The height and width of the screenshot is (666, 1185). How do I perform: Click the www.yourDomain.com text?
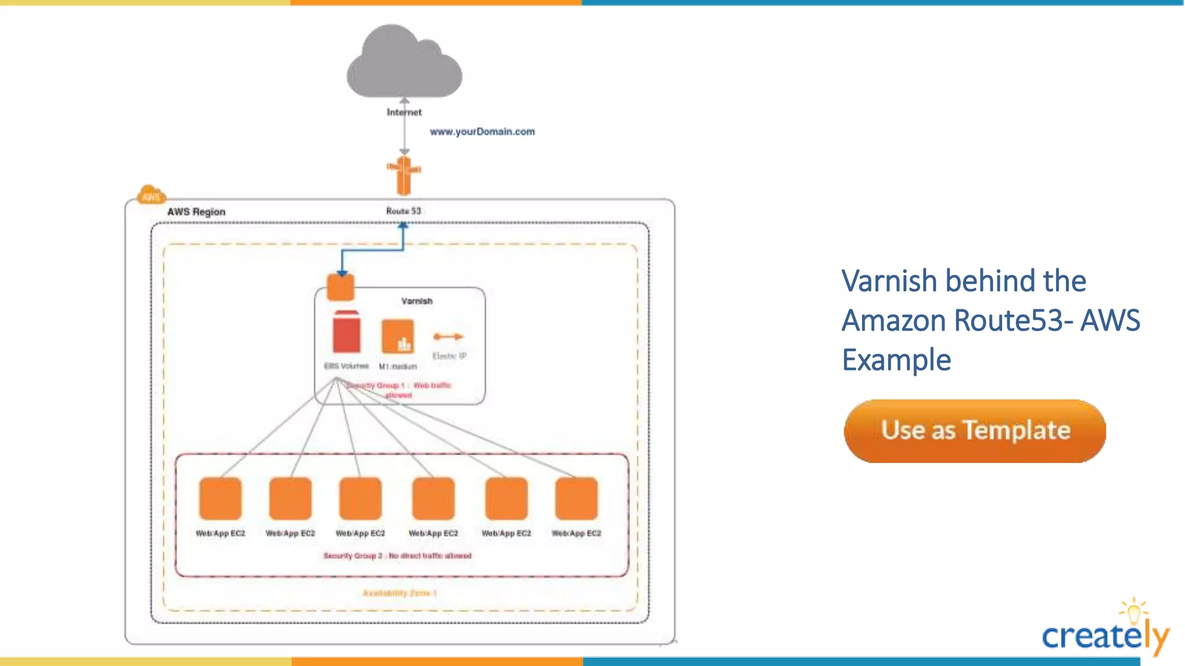(x=482, y=132)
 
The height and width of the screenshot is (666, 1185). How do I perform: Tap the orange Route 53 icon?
(x=404, y=176)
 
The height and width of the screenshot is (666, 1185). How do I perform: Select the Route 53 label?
(x=403, y=211)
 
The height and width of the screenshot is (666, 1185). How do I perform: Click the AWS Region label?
(x=196, y=212)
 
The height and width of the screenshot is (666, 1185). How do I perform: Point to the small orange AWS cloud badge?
(x=151, y=195)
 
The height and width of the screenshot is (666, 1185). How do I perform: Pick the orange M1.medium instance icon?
(x=398, y=336)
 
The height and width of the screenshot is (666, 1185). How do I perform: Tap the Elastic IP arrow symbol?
(x=448, y=336)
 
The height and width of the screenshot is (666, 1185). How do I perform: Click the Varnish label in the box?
(x=417, y=301)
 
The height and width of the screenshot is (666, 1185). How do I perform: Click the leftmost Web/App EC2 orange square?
(x=220, y=498)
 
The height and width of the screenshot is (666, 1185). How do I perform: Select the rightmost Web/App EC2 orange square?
(x=576, y=498)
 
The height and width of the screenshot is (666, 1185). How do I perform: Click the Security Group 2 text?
(x=397, y=556)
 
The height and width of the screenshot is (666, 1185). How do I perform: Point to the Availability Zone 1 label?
(x=399, y=593)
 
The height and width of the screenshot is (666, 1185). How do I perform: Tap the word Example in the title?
(x=896, y=360)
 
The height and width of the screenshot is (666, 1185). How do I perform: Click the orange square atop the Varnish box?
(x=340, y=287)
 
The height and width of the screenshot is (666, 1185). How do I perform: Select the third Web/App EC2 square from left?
(x=360, y=498)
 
